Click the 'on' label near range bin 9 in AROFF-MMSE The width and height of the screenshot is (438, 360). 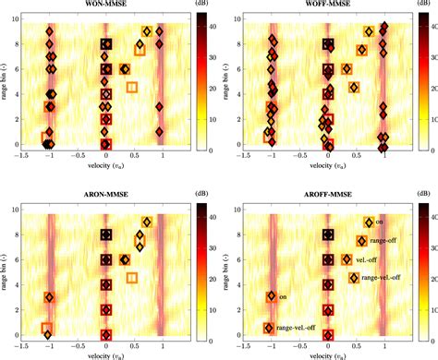pos(379,222)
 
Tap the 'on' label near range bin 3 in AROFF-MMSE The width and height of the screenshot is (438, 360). pos(284,297)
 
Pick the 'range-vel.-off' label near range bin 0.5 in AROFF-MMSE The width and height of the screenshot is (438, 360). pos(297,328)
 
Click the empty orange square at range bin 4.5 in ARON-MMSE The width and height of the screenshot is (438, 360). pos(132,278)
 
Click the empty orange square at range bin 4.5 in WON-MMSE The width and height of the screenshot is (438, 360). pos(132,88)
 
